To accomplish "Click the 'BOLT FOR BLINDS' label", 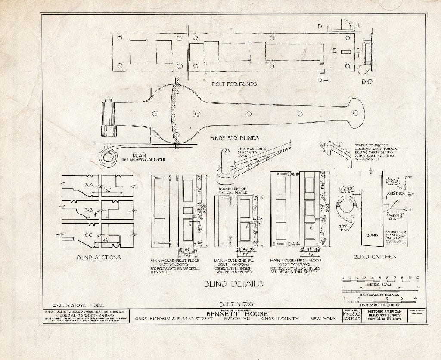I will [234, 84].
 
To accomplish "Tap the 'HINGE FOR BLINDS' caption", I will [234, 138].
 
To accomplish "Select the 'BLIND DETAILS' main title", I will [234, 283].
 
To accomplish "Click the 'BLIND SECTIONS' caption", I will [99, 257].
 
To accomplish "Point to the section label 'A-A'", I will [89, 184].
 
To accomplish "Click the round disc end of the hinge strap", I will [356, 113].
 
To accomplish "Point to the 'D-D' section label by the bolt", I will [366, 81].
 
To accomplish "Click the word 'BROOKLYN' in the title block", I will [236, 319].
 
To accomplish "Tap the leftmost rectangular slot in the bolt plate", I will [138, 52].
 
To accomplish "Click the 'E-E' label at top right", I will [357, 26].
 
